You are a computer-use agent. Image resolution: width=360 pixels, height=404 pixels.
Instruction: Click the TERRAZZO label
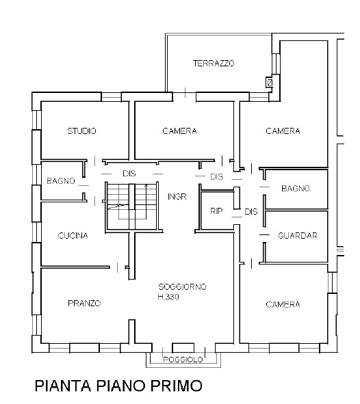pos(214,63)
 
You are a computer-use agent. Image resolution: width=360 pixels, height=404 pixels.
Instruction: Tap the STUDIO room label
pos(81,131)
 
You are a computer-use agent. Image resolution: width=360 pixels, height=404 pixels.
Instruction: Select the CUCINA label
pos(73,235)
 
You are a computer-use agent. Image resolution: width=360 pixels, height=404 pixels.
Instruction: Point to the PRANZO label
pos(84,304)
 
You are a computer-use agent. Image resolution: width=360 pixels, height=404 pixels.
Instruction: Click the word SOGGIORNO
pos(182,287)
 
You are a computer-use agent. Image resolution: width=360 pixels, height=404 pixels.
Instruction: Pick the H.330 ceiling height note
pos(168,297)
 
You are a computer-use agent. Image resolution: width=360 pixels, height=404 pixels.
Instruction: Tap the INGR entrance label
pos(177,197)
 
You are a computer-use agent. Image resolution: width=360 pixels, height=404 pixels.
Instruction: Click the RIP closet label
pos(216,211)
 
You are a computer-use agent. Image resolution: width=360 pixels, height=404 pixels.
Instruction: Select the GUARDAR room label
pos(298,235)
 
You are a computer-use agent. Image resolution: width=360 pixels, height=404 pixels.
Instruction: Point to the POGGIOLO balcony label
pos(183,360)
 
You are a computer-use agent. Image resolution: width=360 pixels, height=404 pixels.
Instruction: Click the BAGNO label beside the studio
pos(61,181)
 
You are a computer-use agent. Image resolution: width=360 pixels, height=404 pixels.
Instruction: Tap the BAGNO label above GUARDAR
pos(296,189)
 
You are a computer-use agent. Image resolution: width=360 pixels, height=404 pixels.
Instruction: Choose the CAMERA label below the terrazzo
pos(179,131)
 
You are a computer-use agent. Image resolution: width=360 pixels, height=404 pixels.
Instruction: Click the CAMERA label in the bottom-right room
pos(283,305)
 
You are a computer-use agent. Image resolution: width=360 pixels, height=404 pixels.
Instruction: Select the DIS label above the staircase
pos(129,174)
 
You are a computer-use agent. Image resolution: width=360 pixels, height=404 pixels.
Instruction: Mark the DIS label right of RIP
pos(251,211)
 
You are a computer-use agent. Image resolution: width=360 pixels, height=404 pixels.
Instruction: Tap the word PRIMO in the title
pos(177,386)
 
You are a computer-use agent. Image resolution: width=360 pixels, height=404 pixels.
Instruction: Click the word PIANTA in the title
pos(63,386)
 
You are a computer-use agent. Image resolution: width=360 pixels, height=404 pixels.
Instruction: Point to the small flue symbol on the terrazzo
pos(270,83)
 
